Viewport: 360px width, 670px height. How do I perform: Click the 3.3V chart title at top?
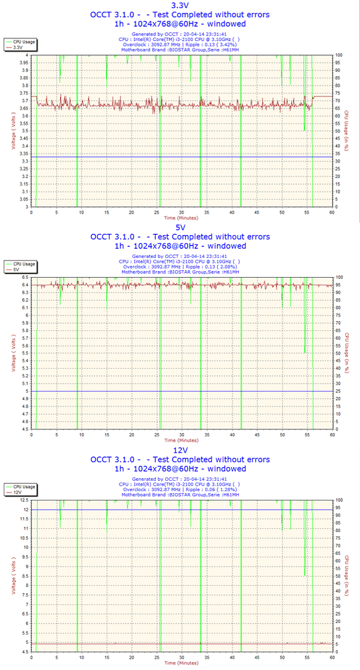180,6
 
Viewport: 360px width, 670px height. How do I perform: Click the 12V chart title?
180,451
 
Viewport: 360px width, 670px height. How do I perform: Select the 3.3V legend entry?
18,48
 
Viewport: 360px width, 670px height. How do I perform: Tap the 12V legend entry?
17,492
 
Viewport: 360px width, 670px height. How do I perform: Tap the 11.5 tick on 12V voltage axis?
25,518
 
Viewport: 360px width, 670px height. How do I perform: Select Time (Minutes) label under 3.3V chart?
181,218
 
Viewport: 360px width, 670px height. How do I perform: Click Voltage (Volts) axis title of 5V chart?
14,353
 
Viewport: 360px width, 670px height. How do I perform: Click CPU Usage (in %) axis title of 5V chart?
347,353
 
